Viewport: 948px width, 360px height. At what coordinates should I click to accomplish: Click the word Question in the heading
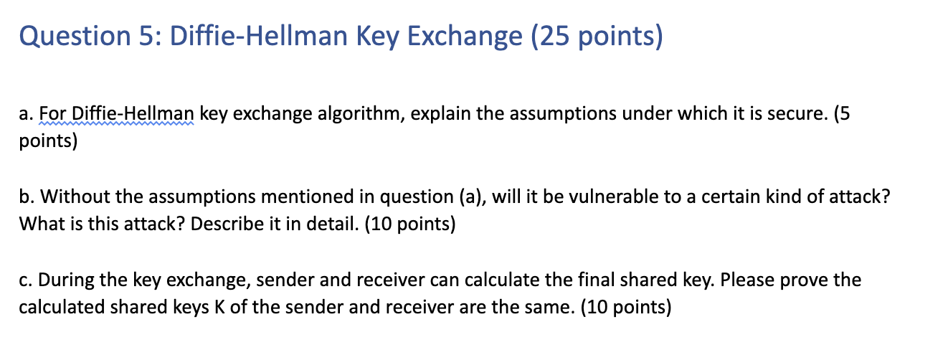tap(75, 37)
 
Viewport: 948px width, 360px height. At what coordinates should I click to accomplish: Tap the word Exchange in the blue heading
tap(465, 37)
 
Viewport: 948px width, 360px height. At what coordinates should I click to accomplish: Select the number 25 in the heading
tap(554, 36)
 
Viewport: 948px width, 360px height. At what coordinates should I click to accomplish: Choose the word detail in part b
tap(333, 223)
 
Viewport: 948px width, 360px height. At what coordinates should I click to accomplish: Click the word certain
tap(731, 196)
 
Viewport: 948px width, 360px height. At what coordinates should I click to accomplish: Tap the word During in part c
tap(66, 280)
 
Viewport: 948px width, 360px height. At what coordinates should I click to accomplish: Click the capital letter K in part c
tap(219, 307)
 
